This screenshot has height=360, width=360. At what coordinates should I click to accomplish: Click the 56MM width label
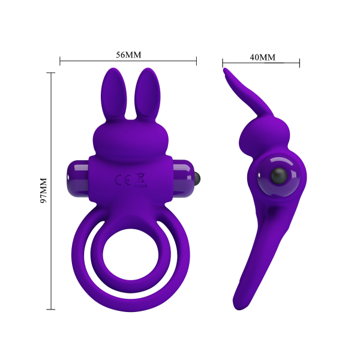128,55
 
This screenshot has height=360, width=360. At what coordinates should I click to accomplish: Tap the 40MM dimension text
262,58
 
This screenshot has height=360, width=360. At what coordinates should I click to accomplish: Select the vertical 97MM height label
43,191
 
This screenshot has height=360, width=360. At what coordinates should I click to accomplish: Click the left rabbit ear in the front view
112,94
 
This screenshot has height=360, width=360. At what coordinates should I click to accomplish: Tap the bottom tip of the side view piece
240,308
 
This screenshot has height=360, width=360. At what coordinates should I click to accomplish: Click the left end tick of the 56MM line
60,61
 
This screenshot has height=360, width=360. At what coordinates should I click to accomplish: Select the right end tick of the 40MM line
299,62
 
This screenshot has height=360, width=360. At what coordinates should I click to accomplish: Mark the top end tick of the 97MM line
52,73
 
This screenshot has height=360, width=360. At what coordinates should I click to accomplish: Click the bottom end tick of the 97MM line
52,310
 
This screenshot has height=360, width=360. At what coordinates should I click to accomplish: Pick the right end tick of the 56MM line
197,61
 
